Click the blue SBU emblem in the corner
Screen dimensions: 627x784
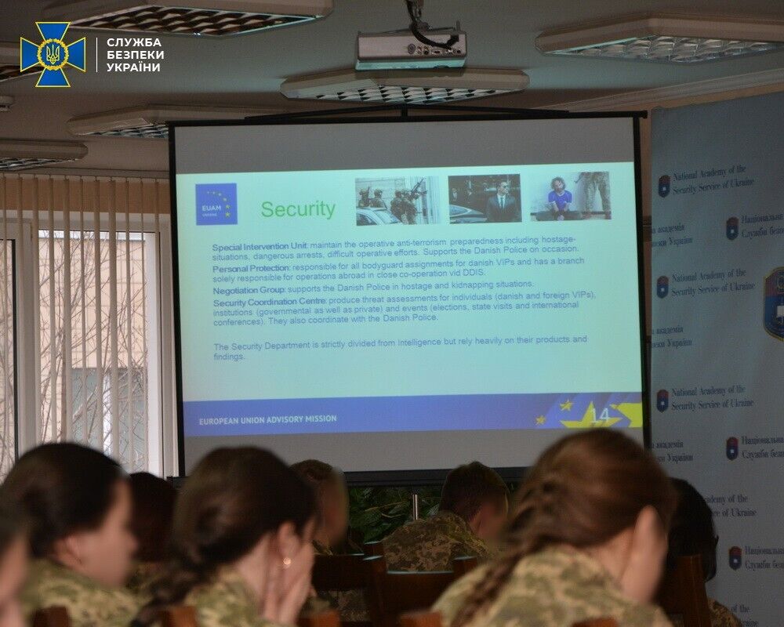pos(53,54)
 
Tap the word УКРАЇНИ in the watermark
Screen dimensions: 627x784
pos(133,67)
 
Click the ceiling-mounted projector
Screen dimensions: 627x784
pos(411,48)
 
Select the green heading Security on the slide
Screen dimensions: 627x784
pos(297,209)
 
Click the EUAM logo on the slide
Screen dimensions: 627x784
pos(216,204)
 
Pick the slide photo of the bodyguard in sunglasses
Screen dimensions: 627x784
pos(485,198)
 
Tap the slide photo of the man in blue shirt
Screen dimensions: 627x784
pos(572,196)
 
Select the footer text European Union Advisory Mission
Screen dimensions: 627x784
pos(267,419)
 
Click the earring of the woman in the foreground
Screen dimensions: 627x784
pos(287,561)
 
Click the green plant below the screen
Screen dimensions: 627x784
pos(392,509)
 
